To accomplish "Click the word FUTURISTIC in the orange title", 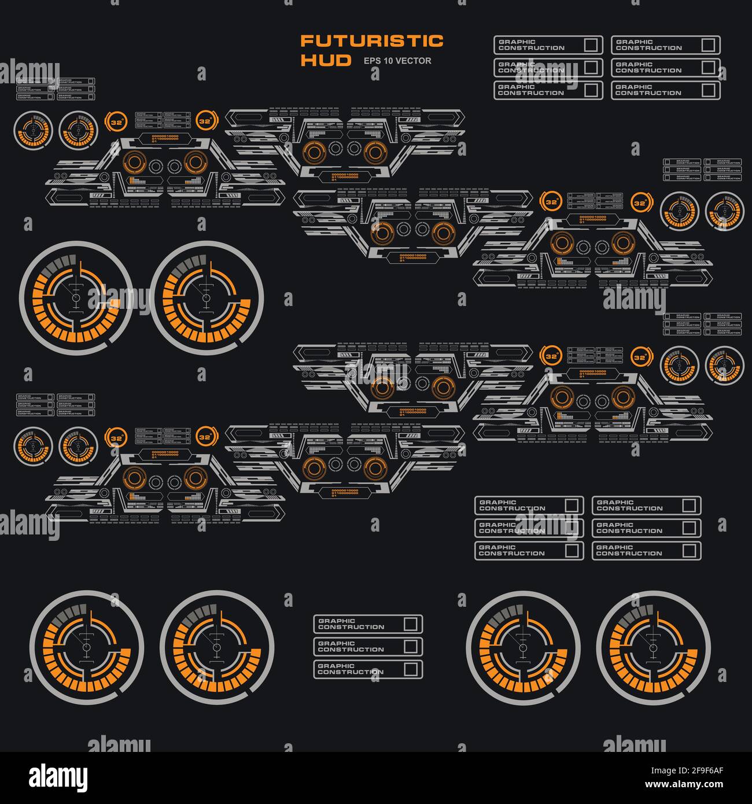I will [372, 41].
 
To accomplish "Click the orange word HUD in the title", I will [326, 60].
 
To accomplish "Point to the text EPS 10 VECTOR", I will [397, 61].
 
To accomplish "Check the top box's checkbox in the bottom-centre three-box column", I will [410, 624].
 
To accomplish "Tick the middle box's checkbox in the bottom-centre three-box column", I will [410, 646].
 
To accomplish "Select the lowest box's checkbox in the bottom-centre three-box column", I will [410, 669].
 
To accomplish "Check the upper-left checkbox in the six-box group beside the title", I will [591, 45].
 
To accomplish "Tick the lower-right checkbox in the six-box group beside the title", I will [708, 90].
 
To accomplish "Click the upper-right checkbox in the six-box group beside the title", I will [708, 45].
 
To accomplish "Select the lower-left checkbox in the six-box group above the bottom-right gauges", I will [572, 550].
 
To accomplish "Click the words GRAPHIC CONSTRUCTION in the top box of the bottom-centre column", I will [351, 624].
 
